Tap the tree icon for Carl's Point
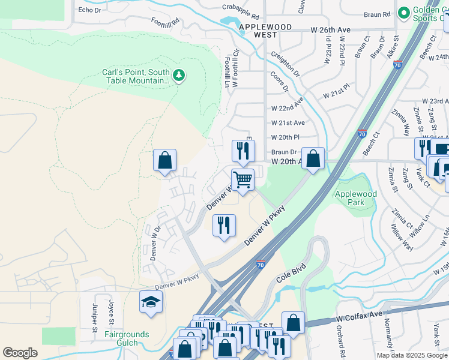(178, 76)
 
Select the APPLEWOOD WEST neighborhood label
(265, 31)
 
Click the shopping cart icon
(243, 179)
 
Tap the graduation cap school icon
(151, 302)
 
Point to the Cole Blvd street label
(292, 273)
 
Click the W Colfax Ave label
(359, 315)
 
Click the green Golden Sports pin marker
(403, 12)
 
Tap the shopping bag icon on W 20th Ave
(313, 159)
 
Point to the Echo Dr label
(89, 10)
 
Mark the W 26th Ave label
(330, 29)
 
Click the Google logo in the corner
(20, 353)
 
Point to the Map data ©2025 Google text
(412, 355)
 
